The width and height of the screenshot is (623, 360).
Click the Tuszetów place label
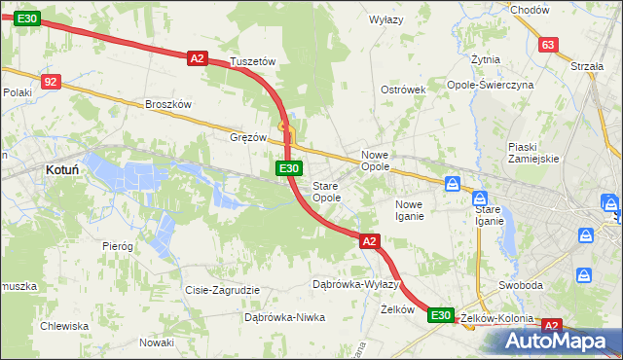(253, 60)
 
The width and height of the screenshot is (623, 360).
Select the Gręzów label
(247, 137)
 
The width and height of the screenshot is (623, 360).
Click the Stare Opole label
(326, 191)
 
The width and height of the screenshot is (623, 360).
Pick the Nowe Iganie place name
(409, 209)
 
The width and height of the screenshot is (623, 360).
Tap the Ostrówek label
(403, 90)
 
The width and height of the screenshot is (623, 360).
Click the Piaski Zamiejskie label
(532, 152)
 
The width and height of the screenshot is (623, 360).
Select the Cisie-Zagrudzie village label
(222, 289)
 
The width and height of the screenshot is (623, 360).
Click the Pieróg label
(117, 246)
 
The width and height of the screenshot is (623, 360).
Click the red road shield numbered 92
(52, 83)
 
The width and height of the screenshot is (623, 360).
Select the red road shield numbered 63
(548, 44)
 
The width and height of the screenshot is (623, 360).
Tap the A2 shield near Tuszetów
(198, 58)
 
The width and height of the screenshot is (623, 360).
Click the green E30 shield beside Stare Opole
(288, 168)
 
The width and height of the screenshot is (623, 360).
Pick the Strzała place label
(587, 66)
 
